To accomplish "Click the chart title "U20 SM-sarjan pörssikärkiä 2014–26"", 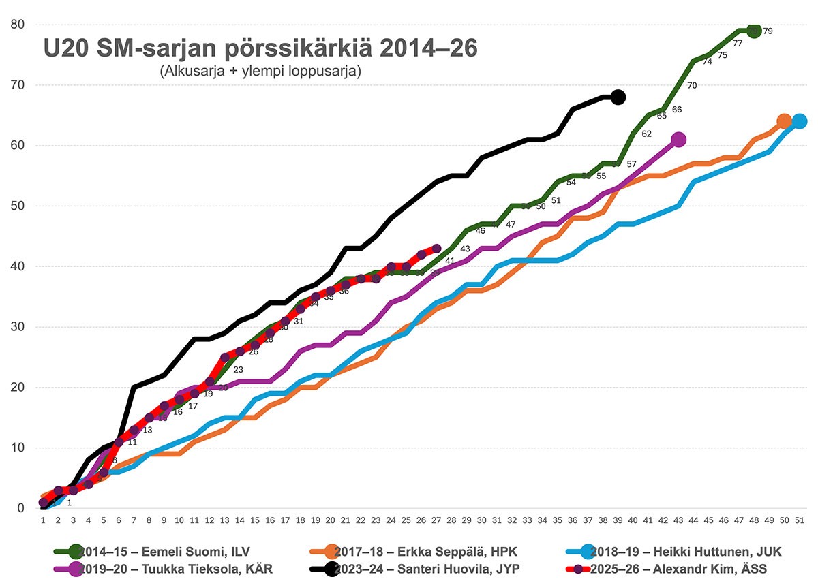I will click(x=261, y=49).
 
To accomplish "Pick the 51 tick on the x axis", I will click(x=799, y=520).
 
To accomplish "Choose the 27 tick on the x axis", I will click(x=437, y=520).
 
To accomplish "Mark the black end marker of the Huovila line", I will click(x=618, y=97).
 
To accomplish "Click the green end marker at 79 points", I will click(x=753, y=31).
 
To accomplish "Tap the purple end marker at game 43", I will click(x=678, y=140).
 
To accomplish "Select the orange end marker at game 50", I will click(x=784, y=121).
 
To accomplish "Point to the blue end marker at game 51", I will click(x=799, y=121).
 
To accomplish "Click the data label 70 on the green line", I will click(x=692, y=86).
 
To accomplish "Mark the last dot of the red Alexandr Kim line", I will click(x=437, y=249).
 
